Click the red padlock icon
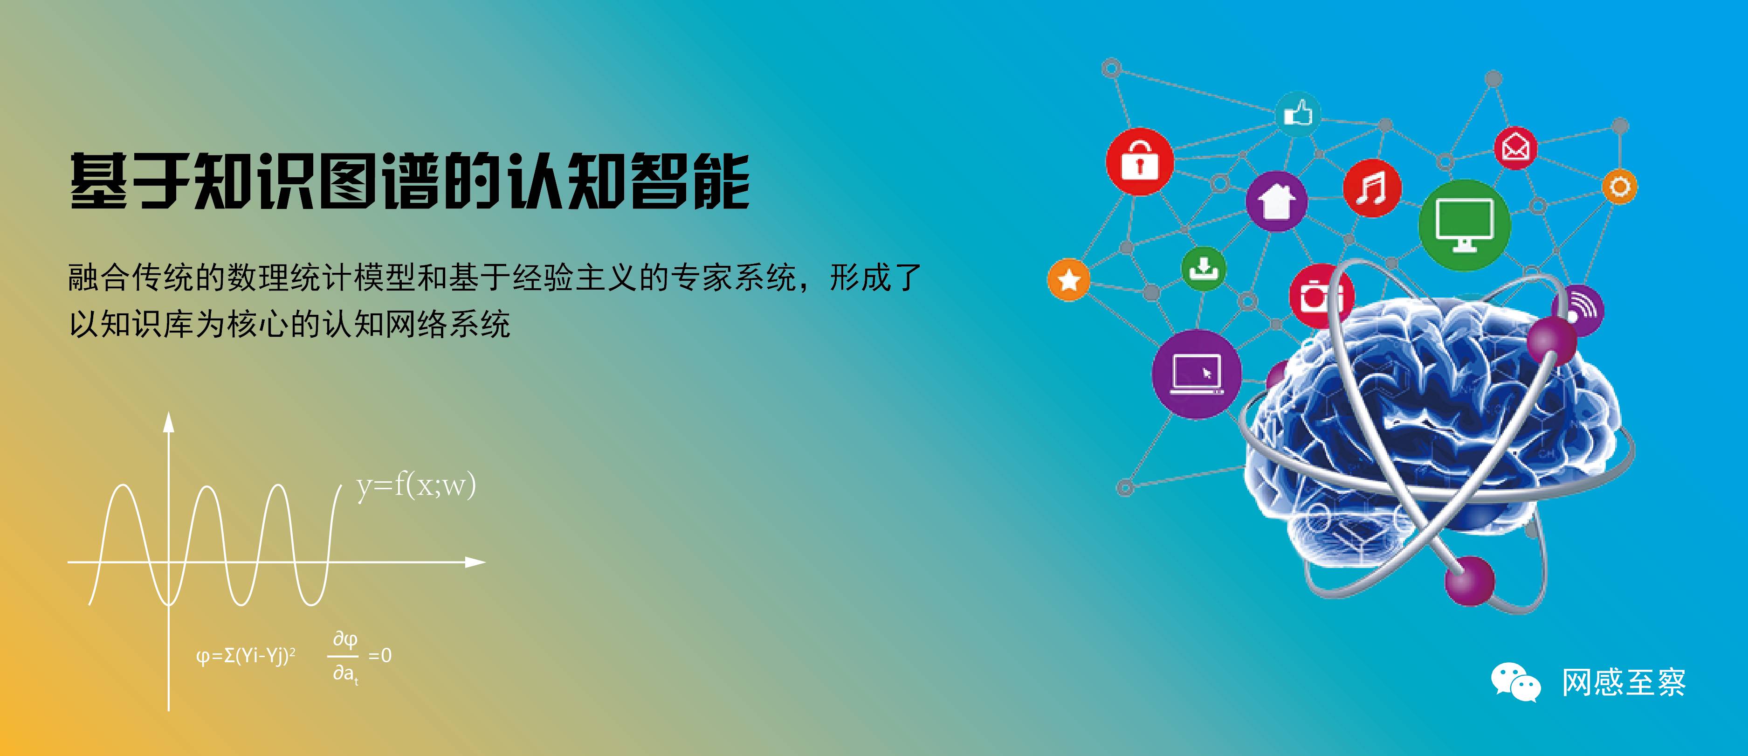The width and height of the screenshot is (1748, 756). [1140, 161]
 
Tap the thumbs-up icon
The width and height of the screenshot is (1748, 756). [1298, 113]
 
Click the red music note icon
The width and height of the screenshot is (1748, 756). [1372, 188]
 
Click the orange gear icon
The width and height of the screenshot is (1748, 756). [1619, 187]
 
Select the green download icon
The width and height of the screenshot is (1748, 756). [1204, 269]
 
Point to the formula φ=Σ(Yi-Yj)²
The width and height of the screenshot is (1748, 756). [246, 656]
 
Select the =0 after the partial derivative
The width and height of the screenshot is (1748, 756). [380, 656]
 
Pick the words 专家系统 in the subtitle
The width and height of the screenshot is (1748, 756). [734, 278]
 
